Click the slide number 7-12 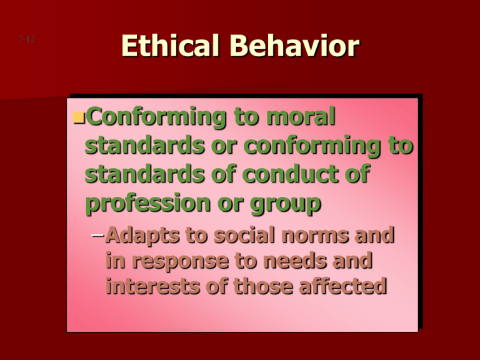26,39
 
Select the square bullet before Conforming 77,117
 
